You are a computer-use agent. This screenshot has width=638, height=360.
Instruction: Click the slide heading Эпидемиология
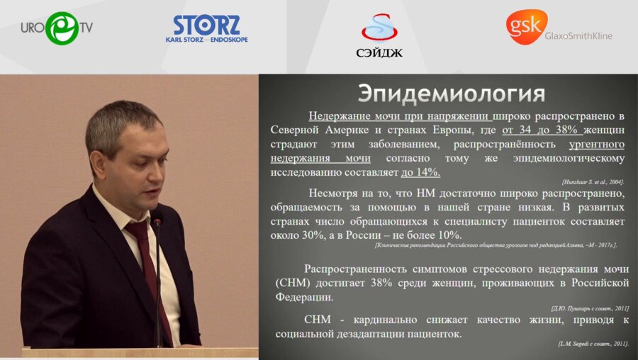[452, 94]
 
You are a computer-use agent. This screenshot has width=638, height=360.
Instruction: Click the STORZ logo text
[207, 25]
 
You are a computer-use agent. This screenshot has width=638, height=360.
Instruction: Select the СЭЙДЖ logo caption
[379, 52]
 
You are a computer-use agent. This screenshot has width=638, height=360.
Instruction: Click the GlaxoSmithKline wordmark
[580, 35]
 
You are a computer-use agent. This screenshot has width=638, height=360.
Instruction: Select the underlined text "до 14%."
[420, 172]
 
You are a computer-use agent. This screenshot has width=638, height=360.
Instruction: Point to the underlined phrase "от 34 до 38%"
[542, 130]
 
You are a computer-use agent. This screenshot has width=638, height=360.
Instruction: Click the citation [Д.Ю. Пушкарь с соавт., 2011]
[590, 308]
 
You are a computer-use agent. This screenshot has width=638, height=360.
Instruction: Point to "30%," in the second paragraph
[315, 235]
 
